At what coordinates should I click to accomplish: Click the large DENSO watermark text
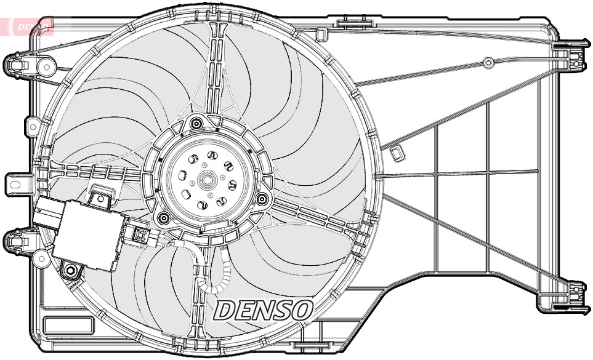click(x=264, y=310)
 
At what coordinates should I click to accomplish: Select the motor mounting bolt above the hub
click(x=196, y=124)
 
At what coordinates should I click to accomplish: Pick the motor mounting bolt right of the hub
click(x=263, y=199)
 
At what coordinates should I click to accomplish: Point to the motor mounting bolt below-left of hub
click(x=163, y=217)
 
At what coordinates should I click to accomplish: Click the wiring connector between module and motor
click(x=140, y=235)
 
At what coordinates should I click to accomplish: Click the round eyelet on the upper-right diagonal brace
click(x=488, y=62)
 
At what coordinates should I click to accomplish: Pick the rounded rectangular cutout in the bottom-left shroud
click(x=68, y=324)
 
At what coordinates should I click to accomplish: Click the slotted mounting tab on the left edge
click(x=17, y=183)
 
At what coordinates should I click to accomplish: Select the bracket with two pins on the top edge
click(x=354, y=23)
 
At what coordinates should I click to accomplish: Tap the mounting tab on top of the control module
click(x=100, y=196)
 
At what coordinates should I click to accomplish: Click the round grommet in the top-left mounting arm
click(x=46, y=66)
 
